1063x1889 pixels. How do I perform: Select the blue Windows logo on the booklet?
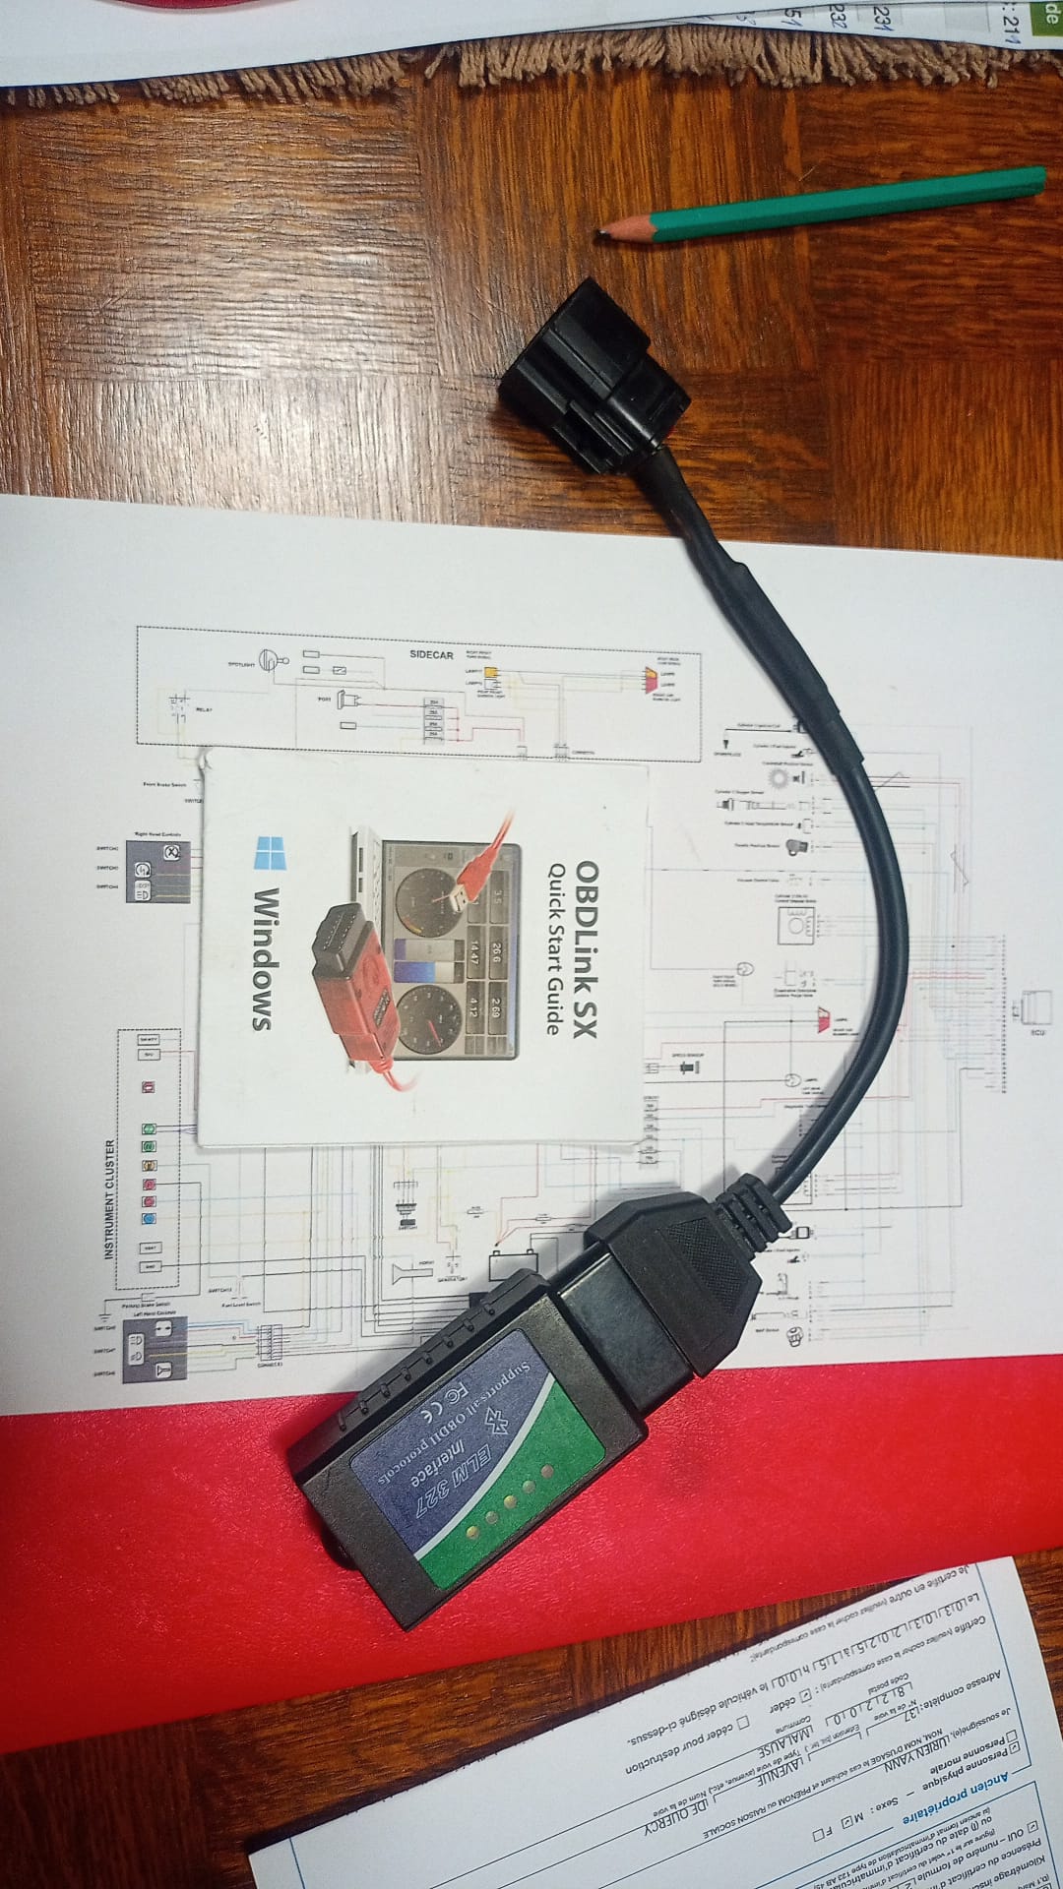click(x=267, y=853)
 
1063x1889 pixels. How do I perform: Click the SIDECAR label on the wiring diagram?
click(x=431, y=654)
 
